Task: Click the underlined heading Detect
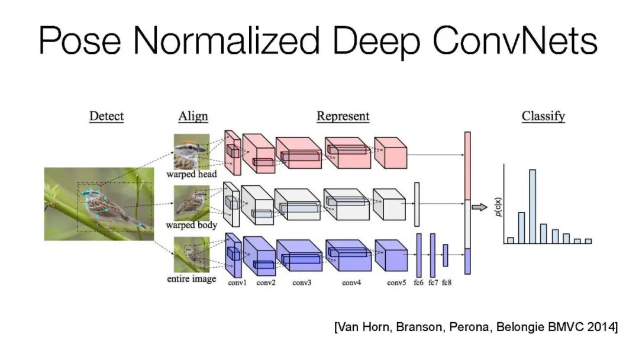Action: click(106, 116)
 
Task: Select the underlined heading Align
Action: click(193, 117)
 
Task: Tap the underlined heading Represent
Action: click(343, 116)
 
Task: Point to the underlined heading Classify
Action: click(543, 117)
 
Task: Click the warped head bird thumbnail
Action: click(192, 152)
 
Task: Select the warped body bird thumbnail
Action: click(192, 203)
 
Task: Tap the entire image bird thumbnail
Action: click(192, 255)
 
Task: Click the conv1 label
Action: click(237, 282)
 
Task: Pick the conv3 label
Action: click(302, 282)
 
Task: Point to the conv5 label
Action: click(396, 282)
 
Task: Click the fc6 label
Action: click(418, 282)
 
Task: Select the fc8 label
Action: click(447, 282)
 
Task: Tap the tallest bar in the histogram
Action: click(532, 207)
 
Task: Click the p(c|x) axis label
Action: click(498, 207)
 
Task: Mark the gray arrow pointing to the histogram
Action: click(480, 207)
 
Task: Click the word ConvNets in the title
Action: click(515, 40)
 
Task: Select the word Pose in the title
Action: click(80, 40)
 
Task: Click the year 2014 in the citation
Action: click(601, 327)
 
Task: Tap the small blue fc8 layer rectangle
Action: click(446, 256)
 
